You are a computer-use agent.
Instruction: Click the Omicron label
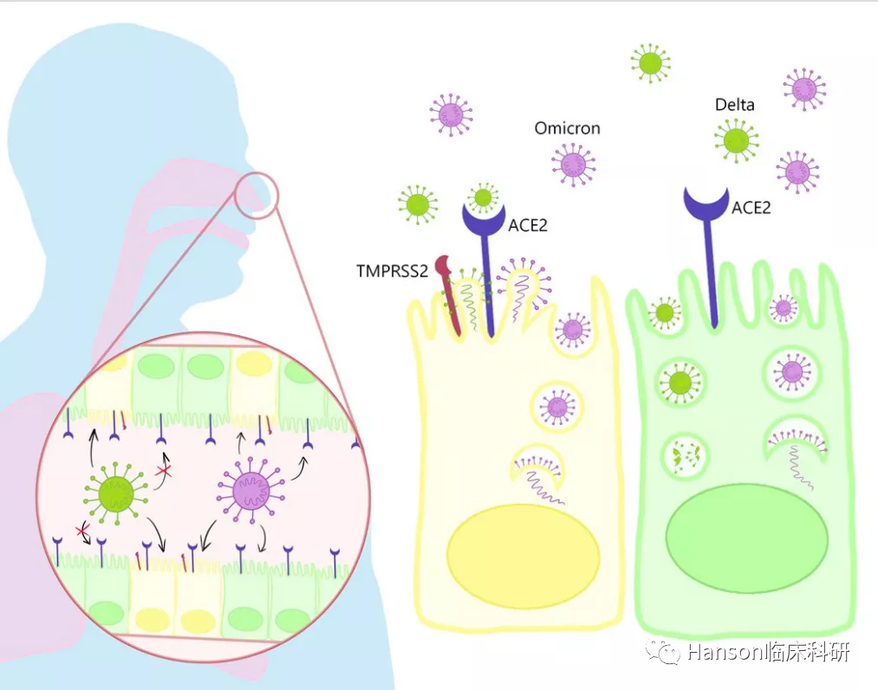tap(567, 128)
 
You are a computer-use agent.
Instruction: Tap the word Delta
tap(734, 105)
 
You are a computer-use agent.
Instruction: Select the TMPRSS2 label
tap(392, 271)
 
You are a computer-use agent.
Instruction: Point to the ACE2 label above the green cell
tap(751, 208)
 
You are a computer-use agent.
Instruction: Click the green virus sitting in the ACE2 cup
tap(483, 198)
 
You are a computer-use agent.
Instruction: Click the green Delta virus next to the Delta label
tap(737, 140)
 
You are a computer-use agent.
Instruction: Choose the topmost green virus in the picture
tap(650, 62)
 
